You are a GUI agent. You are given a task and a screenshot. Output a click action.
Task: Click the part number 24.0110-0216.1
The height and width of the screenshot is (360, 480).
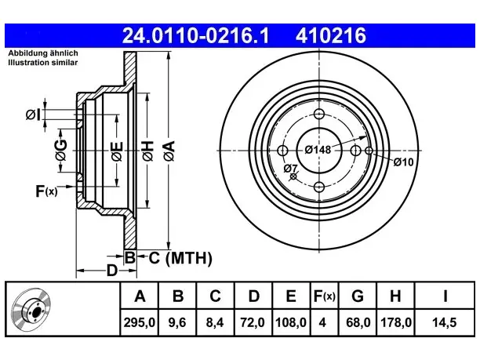click(x=195, y=35)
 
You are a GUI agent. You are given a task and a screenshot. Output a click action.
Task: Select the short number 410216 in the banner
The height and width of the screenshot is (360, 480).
click(x=331, y=35)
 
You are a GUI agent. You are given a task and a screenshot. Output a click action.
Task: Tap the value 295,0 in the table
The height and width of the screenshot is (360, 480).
click(x=140, y=322)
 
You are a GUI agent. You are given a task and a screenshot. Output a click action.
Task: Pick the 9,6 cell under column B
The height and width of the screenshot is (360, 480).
click(x=177, y=322)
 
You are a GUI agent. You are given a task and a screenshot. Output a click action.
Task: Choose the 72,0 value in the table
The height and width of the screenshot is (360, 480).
click(x=253, y=322)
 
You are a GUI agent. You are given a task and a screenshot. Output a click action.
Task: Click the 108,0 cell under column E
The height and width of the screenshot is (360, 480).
click(x=291, y=322)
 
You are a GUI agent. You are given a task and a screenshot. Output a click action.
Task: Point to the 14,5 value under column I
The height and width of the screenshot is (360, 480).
click(x=444, y=322)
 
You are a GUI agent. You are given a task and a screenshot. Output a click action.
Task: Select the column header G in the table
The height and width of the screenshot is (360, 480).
click(x=358, y=296)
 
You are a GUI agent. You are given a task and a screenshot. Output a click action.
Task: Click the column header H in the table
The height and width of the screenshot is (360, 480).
click(x=395, y=296)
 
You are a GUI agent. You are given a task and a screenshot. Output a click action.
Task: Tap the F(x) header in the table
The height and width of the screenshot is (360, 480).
click(x=325, y=296)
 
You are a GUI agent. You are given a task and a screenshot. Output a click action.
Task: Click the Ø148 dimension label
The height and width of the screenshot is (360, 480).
click(x=318, y=150)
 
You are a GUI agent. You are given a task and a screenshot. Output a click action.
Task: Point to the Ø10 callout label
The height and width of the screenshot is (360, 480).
click(x=403, y=162)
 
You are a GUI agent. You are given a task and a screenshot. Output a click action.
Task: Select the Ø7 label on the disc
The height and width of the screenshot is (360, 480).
click(x=290, y=168)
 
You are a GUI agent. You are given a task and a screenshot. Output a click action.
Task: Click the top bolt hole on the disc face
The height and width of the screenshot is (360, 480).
click(x=319, y=115)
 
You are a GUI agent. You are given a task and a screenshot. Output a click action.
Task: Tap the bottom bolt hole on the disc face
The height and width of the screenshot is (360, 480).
click(x=319, y=187)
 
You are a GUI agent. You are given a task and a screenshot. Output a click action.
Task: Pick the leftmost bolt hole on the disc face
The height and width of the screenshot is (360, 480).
click(x=282, y=151)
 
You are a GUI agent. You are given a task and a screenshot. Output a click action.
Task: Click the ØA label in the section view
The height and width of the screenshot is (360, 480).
click(x=169, y=151)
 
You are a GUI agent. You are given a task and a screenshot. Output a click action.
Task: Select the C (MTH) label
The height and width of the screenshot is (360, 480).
click(x=180, y=258)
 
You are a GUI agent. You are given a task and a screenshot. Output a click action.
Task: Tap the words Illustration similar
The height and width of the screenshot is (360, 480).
click(x=43, y=63)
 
